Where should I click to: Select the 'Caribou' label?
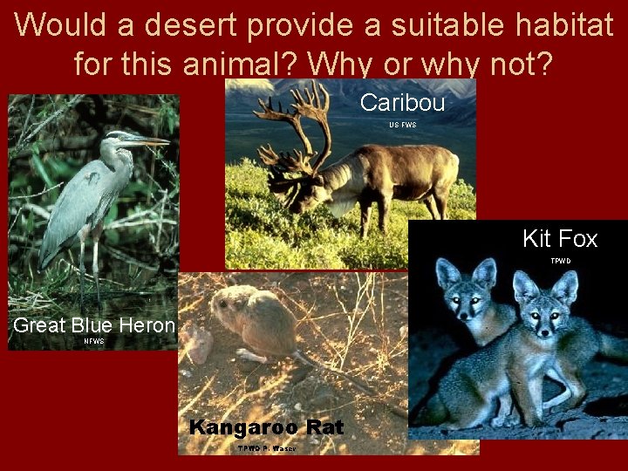point(402,102)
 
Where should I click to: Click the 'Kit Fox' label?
point(560,239)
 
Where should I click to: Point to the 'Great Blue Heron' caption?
point(94,326)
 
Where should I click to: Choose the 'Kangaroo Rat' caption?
point(266,427)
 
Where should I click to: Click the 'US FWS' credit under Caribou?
point(402,125)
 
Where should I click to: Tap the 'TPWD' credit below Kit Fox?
point(560,261)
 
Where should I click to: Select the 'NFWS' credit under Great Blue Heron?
point(93,342)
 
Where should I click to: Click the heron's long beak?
point(147,140)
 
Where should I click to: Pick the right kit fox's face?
point(537,309)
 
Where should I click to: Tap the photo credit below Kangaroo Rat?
point(266,448)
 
